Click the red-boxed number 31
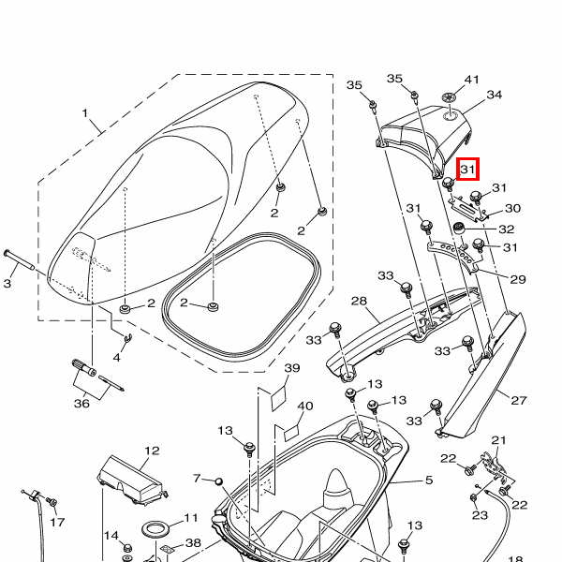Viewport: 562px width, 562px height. (468, 170)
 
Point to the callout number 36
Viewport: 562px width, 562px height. (81, 404)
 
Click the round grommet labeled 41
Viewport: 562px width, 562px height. (451, 98)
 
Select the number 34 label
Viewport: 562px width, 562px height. (494, 95)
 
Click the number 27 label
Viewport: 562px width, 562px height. (518, 399)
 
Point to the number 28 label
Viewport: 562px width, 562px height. (358, 301)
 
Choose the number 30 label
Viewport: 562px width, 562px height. (511, 208)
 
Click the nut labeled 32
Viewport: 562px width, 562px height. (460, 229)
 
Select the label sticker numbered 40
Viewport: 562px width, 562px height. (288, 432)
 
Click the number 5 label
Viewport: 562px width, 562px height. (428, 481)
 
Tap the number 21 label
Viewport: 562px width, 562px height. (498, 440)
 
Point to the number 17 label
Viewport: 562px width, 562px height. (57, 522)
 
